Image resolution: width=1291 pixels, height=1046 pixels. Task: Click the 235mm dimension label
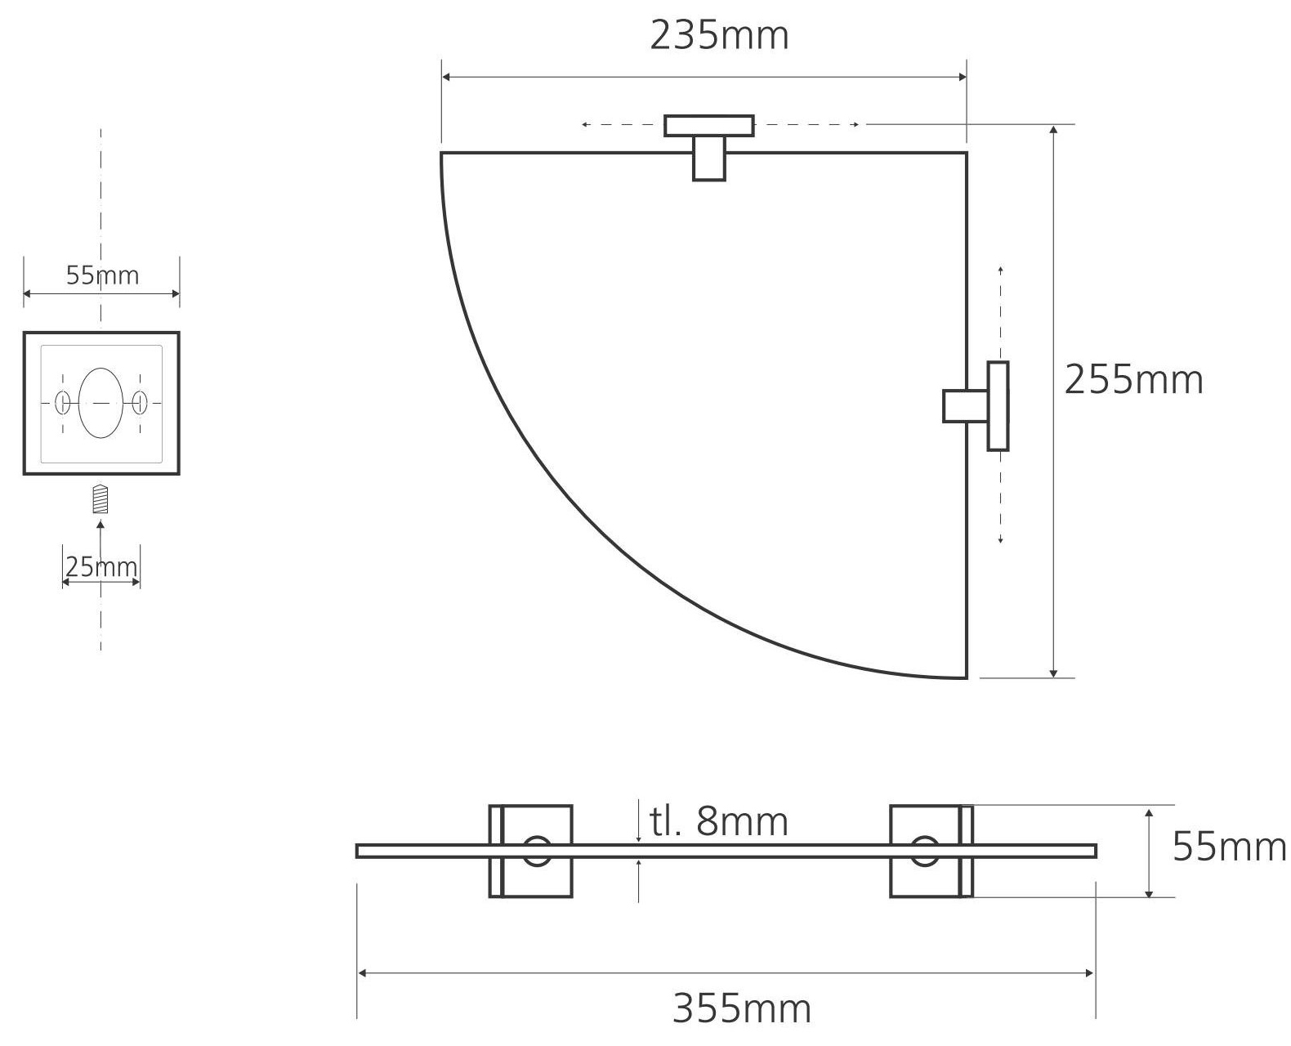719,36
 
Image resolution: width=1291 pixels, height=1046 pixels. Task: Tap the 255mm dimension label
1133,380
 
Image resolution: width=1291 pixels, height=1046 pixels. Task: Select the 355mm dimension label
741,1009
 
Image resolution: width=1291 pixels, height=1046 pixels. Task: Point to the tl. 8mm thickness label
719,822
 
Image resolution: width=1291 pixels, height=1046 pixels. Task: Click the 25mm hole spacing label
101,566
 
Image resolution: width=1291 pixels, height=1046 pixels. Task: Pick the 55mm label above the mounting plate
102,275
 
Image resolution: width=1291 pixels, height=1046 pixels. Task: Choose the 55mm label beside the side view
1229,847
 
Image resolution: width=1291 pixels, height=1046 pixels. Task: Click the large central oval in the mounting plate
101,403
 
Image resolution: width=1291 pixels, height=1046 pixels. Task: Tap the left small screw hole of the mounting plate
62,402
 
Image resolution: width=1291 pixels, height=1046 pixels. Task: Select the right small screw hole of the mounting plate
140,402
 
